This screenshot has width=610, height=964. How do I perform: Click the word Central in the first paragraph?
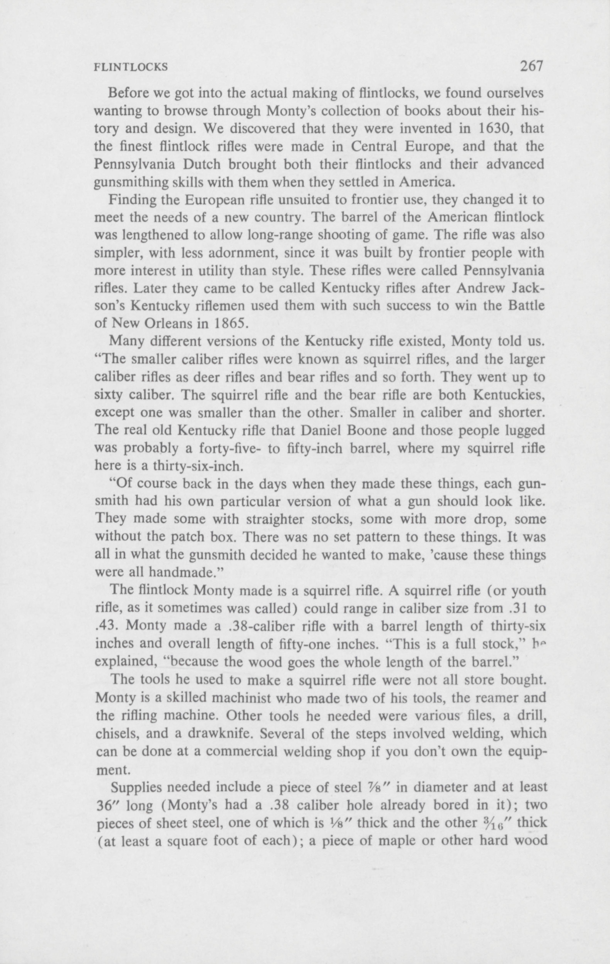pyautogui.click(x=374, y=147)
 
